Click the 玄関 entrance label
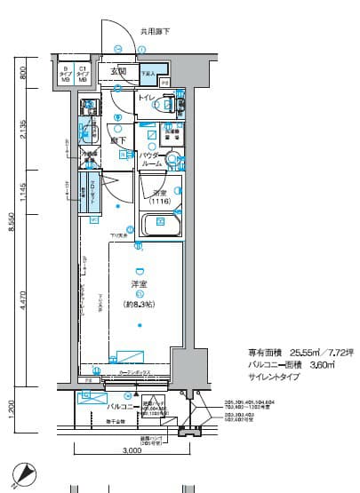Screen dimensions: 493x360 point(117,71)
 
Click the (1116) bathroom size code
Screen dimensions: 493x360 point(159,201)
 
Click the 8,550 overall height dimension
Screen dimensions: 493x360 point(11,228)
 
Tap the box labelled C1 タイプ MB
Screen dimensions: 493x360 point(83,73)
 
